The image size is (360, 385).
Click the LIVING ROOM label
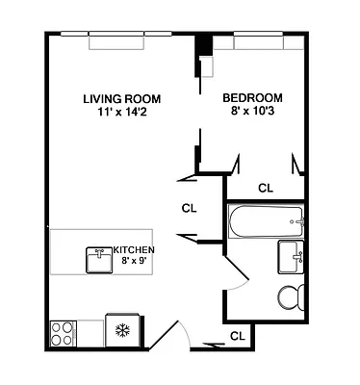[121, 98]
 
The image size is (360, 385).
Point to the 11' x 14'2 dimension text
[121, 112]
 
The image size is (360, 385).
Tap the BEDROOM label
[252, 98]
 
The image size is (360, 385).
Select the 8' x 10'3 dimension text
[252, 112]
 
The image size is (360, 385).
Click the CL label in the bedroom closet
[266, 188]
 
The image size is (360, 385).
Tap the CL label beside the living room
[190, 206]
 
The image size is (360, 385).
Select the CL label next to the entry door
[237, 336]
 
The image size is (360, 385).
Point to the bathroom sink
[293, 257]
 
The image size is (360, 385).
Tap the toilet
[290, 296]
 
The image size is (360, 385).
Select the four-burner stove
[62, 333]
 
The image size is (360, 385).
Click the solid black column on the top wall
[203, 46]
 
